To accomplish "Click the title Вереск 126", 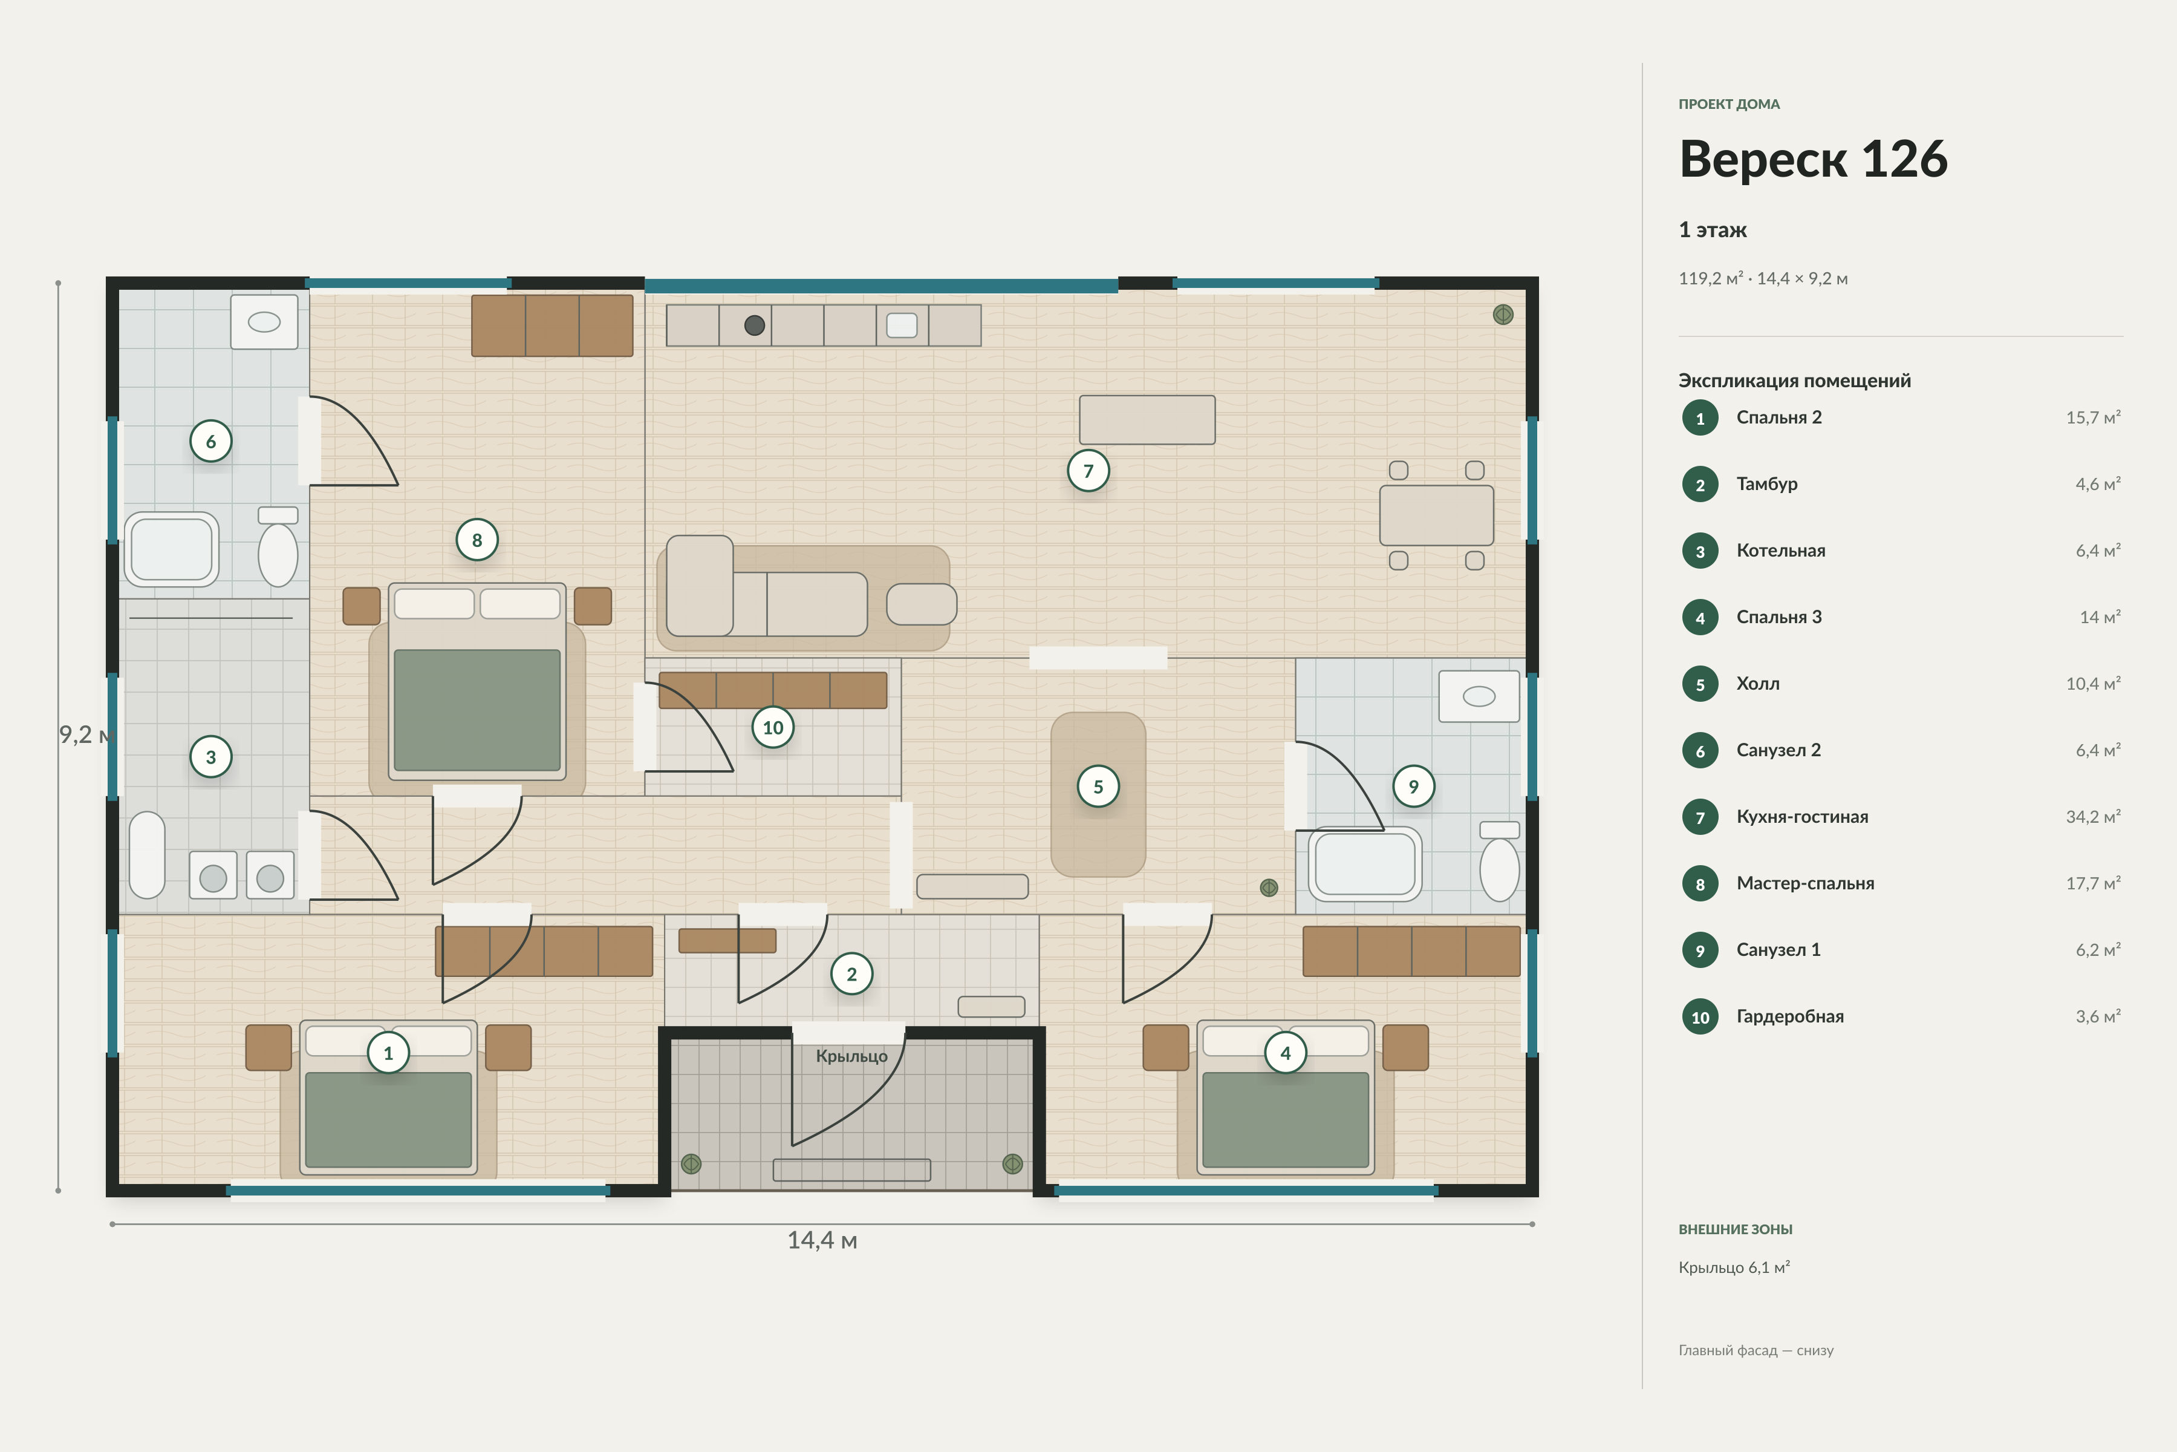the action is tap(1812, 159).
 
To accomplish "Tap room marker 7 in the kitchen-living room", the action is tap(1088, 471).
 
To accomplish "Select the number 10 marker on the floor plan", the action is tap(773, 728).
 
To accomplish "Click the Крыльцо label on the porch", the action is tap(851, 1056).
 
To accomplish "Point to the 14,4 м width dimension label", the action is tap(822, 1240).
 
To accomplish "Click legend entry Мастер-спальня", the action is tap(1805, 883).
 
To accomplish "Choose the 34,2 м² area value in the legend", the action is tap(2093, 817).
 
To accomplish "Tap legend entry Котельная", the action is tap(1781, 551).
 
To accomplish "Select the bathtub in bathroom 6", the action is tap(172, 549).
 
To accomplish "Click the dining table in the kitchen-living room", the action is tap(1437, 515).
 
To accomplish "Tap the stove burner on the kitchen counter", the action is tap(754, 325).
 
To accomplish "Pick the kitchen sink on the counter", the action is tap(902, 325).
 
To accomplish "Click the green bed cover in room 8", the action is tap(477, 709).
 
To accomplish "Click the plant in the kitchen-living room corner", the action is tap(1503, 315).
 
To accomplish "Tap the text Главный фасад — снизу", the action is tap(1756, 1350).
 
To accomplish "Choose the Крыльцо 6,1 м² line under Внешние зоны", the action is tap(1734, 1267).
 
